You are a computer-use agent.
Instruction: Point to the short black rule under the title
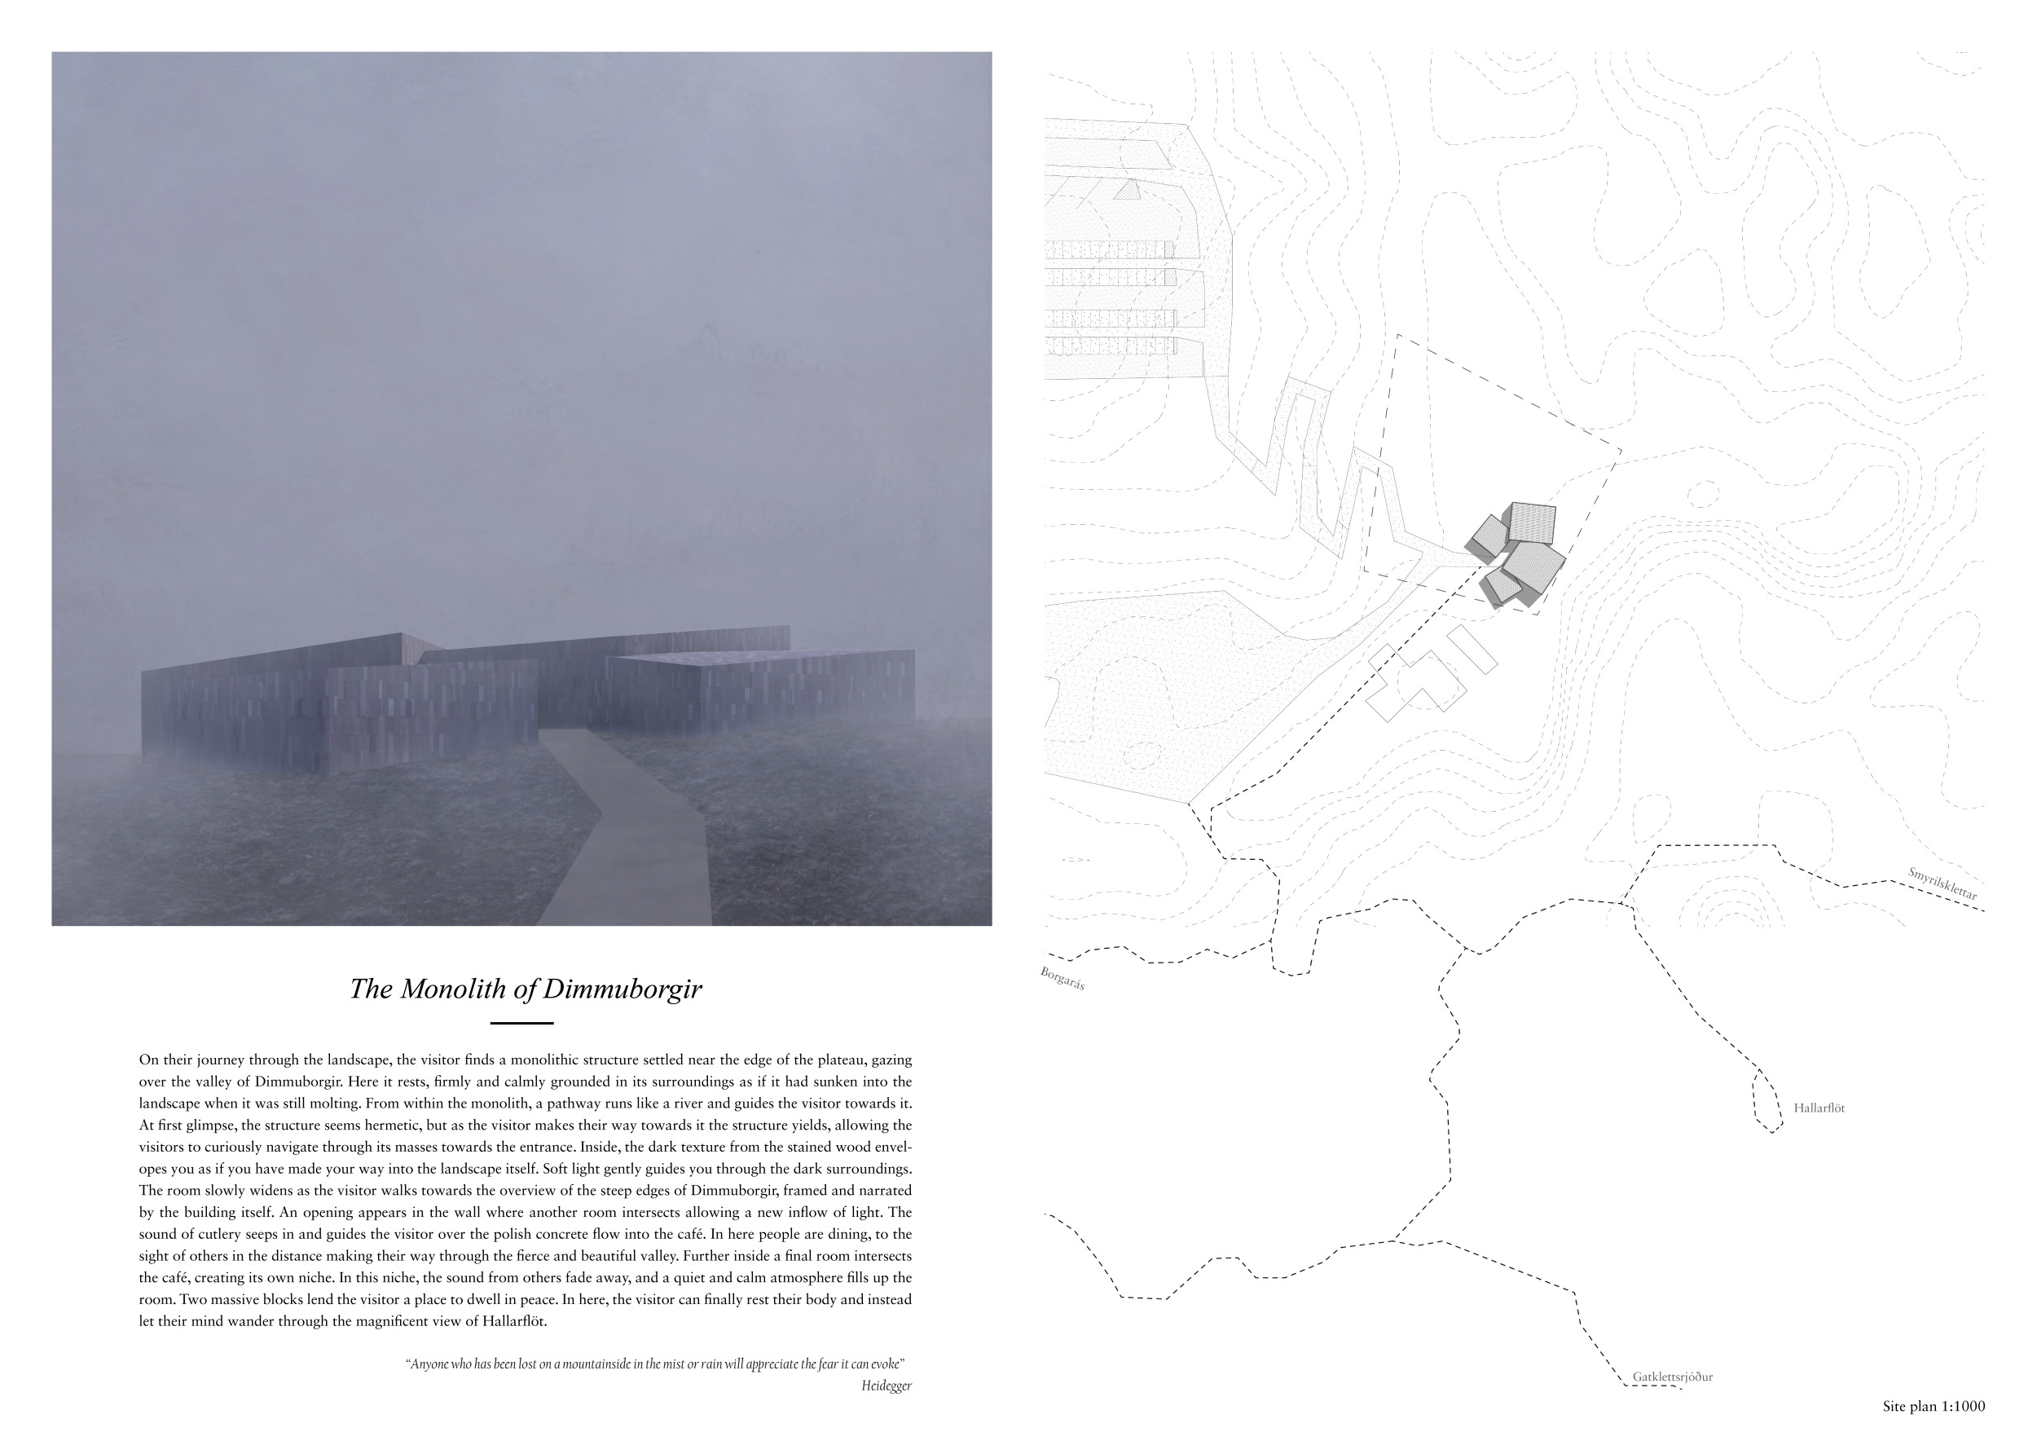521,1023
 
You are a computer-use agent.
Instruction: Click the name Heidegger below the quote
886,1386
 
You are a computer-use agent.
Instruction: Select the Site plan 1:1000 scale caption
1934,1407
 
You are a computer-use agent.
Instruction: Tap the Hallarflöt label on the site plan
1819,1108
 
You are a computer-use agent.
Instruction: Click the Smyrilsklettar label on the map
1943,884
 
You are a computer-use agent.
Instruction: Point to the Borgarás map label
1062,978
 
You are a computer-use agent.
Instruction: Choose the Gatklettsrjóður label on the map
1672,1377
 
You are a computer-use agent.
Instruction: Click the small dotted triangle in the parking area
1128,189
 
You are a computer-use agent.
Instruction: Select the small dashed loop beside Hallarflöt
1766,1101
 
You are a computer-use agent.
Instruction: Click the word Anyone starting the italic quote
430,1364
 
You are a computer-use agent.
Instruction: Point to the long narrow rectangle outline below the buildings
1472,650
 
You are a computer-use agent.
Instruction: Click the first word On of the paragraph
147,1060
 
